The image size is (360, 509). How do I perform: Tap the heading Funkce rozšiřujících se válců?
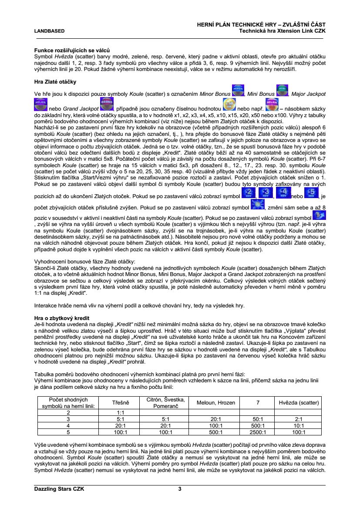pos(72,51)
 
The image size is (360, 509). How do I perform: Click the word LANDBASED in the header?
pos(50,31)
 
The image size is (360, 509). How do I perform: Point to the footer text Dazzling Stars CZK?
pos(59,489)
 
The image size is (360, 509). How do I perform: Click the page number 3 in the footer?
pos(180,489)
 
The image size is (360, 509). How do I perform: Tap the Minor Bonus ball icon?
pos(238,90)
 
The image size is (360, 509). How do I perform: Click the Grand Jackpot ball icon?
pos(107,103)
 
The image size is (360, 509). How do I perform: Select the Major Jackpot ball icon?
pos(41,103)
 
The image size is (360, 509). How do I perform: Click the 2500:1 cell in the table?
pos(258,432)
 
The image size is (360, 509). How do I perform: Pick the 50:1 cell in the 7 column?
pos(258,419)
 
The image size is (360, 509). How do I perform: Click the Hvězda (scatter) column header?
pos(299,403)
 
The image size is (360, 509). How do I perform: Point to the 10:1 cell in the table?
pos(299,425)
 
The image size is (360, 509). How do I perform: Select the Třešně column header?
pos(121,403)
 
